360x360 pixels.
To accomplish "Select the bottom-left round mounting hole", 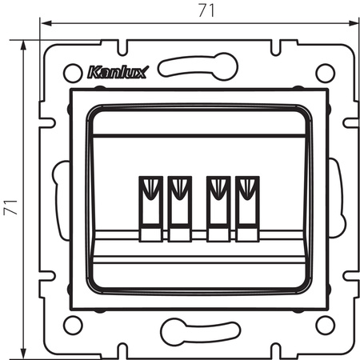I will click(73, 325).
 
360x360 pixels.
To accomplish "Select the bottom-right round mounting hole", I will click(324, 325).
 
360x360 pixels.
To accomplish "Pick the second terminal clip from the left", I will click(178, 207).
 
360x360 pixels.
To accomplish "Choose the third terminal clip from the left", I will click(217, 207).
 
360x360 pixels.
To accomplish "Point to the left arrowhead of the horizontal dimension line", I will click(46, 24).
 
